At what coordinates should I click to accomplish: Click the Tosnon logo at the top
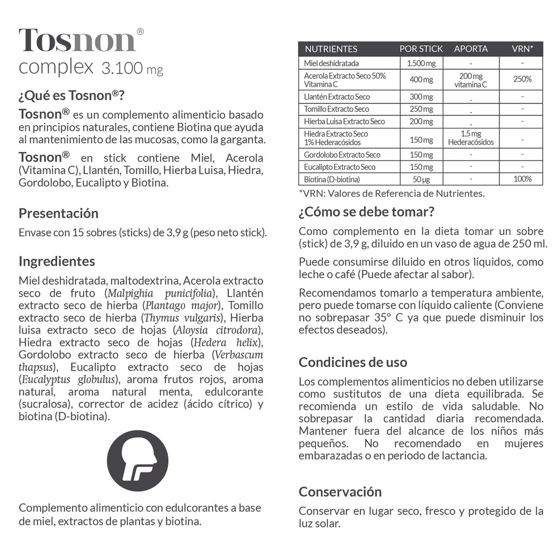[x=77, y=40]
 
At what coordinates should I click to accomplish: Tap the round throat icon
[x=137, y=460]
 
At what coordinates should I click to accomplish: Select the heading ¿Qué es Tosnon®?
[x=72, y=96]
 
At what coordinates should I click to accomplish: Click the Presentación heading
[x=58, y=213]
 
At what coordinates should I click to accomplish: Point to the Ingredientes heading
[x=57, y=261]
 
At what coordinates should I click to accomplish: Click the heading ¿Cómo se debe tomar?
[x=366, y=212]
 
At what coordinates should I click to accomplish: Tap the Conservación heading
[x=340, y=492]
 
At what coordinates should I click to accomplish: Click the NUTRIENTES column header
[x=331, y=49]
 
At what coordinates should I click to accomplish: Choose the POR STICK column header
[x=421, y=49]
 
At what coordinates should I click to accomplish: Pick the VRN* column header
[x=522, y=49]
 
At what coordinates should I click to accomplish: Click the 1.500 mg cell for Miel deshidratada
[x=421, y=64]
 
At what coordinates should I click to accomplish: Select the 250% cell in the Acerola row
[x=522, y=79]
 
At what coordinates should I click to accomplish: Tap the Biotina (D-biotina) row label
[x=332, y=179]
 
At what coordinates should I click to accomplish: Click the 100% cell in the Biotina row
[x=522, y=179]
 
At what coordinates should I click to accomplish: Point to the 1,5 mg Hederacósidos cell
[x=471, y=138]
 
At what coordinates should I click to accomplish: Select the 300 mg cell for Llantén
[x=421, y=97]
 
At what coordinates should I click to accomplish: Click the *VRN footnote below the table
[x=391, y=193]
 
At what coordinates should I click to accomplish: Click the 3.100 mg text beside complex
[x=132, y=69]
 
